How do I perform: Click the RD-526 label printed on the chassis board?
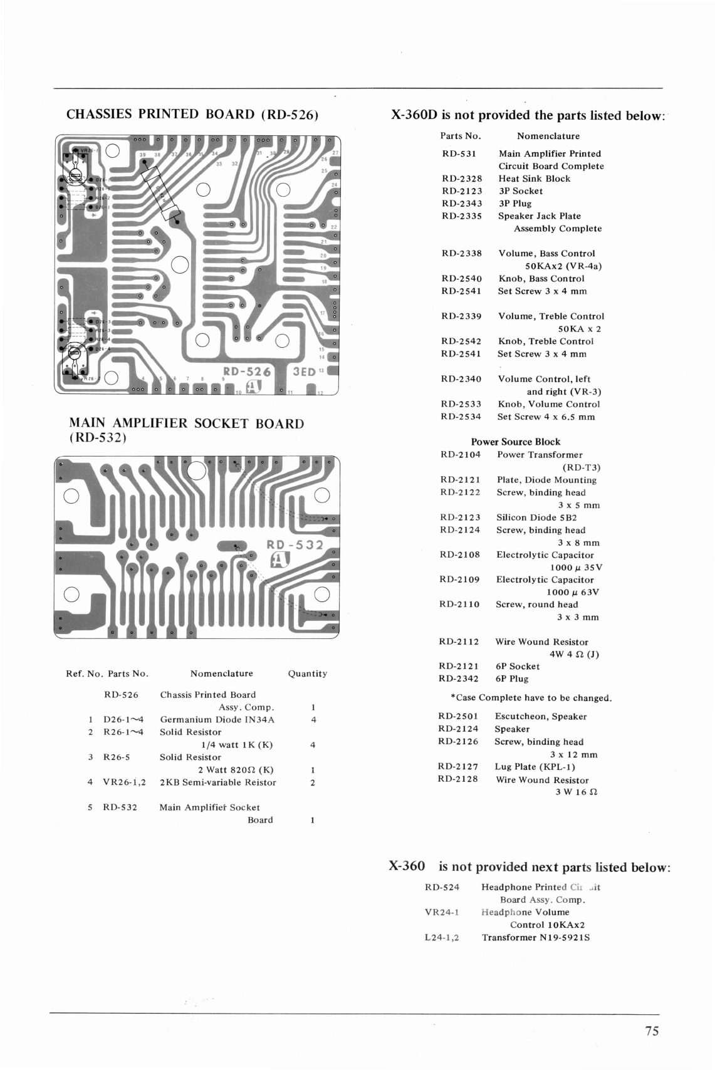coord(248,371)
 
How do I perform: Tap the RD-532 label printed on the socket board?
coord(295,545)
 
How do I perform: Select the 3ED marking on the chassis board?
coord(305,371)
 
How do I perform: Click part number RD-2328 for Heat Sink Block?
coord(462,179)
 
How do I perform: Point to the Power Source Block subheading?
coord(516,442)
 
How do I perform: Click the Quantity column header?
coord(307,673)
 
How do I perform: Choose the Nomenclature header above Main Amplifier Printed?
coord(548,136)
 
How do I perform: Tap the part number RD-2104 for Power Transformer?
coord(460,455)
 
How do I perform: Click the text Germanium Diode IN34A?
coord(217,720)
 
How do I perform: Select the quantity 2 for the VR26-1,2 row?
coord(313,782)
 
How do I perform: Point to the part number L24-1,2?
coord(442,938)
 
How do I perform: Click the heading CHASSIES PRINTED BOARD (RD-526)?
coord(192,114)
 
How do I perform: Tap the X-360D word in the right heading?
coord(414,115)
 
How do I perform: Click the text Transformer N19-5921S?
coord(536,938)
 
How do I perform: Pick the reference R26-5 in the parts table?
coord(117,757)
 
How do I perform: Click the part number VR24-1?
coord(442,913)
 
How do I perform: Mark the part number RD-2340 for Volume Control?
coord(461,379)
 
